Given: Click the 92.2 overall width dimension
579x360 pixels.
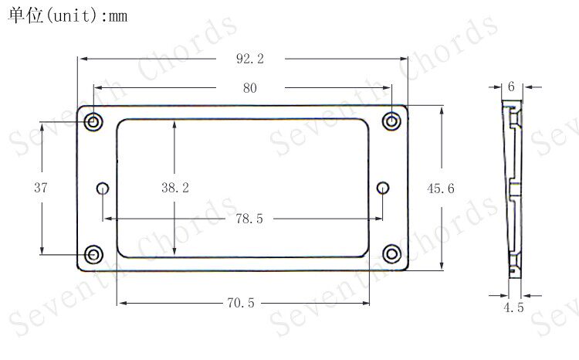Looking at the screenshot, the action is (x=250, y=59).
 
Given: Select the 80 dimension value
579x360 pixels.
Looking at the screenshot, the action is (x=250, y=88).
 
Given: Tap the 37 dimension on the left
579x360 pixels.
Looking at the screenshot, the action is (x=41, y=188).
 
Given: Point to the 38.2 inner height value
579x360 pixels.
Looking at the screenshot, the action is (x=175, y=188).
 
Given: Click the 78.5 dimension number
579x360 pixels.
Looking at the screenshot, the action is (x=249, y=219).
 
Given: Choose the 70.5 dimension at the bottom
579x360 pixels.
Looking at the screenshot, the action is (x=241, y=303).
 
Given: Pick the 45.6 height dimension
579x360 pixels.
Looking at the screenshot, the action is (x=441, y=188).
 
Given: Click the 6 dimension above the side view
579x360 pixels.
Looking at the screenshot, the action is (x=511, y=87).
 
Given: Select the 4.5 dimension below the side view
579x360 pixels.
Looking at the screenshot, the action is (x=513, y=307).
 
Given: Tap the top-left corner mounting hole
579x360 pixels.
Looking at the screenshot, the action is (x=93, y=121).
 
